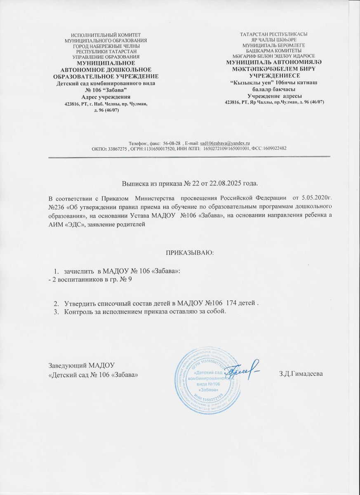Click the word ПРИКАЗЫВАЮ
[x=190, y=252]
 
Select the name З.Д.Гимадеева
[x=301, y=374]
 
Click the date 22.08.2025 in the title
[x=227, y=183]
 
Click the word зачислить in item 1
[x=78, y=271]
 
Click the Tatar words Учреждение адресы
[x=275, y=96]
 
